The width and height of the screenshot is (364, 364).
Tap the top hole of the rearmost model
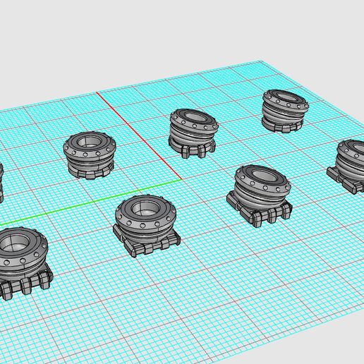(286, 99)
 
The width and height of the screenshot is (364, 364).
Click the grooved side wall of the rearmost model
(285, 114)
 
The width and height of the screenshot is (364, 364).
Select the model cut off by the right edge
(349, 166)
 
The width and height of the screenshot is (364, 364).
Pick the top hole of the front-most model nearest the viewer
(16, 244)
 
